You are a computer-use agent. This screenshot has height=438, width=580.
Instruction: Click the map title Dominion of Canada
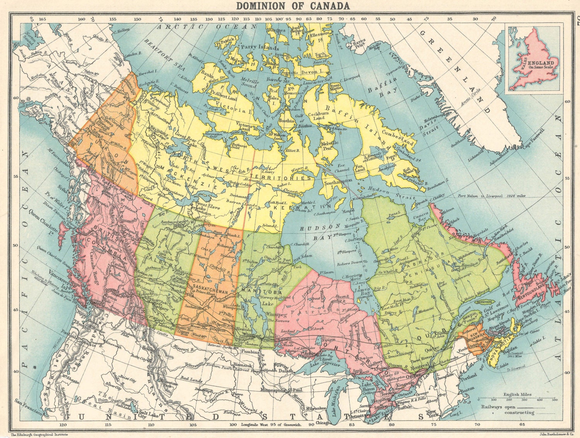pos(293,6)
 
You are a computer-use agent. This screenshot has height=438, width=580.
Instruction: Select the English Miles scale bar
pos(517,399)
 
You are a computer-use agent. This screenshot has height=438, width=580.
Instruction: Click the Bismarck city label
pos(242,365)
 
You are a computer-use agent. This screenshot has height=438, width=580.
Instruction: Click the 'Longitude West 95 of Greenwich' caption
pos(271,425)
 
